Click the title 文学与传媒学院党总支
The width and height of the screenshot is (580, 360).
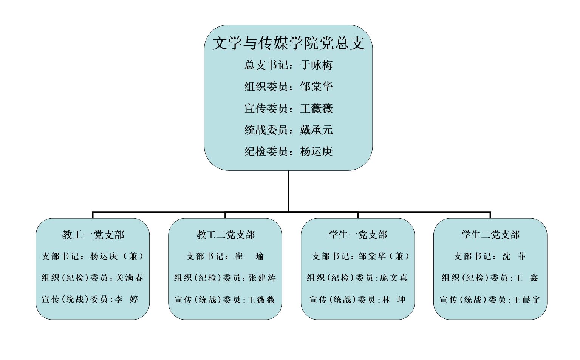point(288,43)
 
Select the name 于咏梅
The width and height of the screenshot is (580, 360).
point(316,65)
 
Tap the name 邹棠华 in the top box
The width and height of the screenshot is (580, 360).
point(316,87)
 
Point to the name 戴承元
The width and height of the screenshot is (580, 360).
point(316,130)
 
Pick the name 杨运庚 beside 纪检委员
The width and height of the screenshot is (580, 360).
point(316,151)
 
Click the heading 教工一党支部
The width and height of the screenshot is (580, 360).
point(93,235)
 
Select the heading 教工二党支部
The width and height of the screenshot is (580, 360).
point(226,235)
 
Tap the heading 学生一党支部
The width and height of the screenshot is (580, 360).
point(358,235)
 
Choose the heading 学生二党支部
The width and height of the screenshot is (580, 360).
point(490,235)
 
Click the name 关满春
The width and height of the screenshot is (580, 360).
point(129,278)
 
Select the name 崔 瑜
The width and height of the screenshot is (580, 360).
point(249,256)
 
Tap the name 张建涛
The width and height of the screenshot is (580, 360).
point(262,278)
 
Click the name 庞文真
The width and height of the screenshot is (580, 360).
point(394,278)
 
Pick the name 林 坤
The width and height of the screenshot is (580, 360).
point(394,300)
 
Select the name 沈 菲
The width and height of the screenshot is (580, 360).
point(514,256)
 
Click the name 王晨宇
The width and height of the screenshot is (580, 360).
point(526,300)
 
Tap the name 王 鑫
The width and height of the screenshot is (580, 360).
point(526,278)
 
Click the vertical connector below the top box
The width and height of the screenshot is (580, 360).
point(288,191)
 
